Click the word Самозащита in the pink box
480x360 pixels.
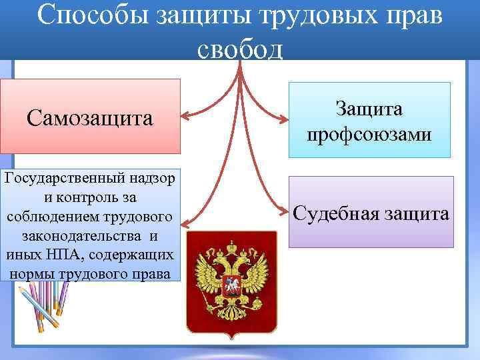pyautogui.click(x=90, y=118)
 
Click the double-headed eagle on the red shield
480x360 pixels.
pyautogui.click(x=231, y=280)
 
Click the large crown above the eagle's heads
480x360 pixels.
pyautogui.click(x=231, y=243)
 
